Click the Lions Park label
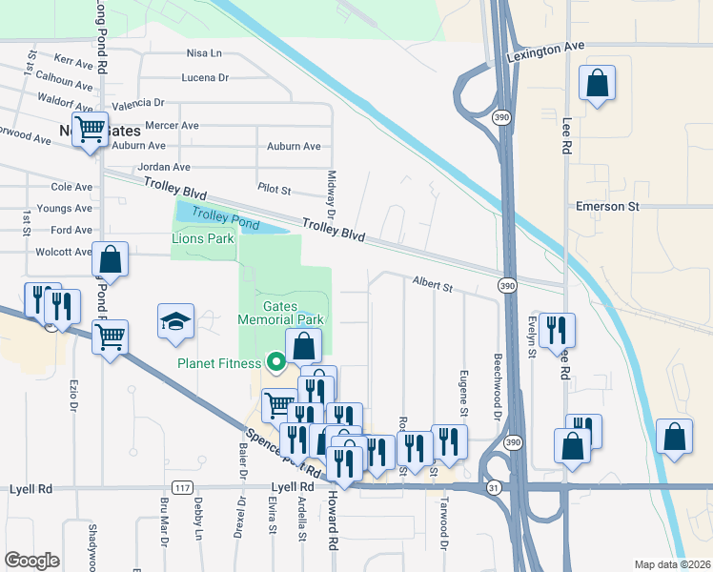point(203,238)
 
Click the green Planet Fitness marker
point(276,362)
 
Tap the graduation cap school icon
point(176,322)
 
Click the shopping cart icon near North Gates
point(92,129)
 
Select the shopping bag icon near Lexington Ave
point(597,84)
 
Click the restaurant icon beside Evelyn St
point(557,331)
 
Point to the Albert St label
point(431,282)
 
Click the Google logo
point(31,561)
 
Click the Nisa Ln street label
point(204,53)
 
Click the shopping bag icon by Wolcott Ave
point(111,259)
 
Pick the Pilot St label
point(274,189)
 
